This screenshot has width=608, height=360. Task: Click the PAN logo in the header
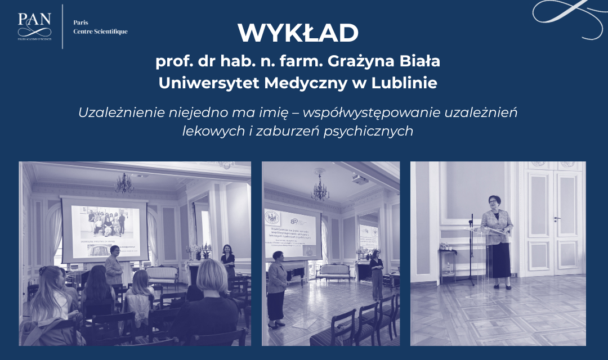34,25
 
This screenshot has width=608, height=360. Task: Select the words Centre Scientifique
100,31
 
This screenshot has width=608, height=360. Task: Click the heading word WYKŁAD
298,34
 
